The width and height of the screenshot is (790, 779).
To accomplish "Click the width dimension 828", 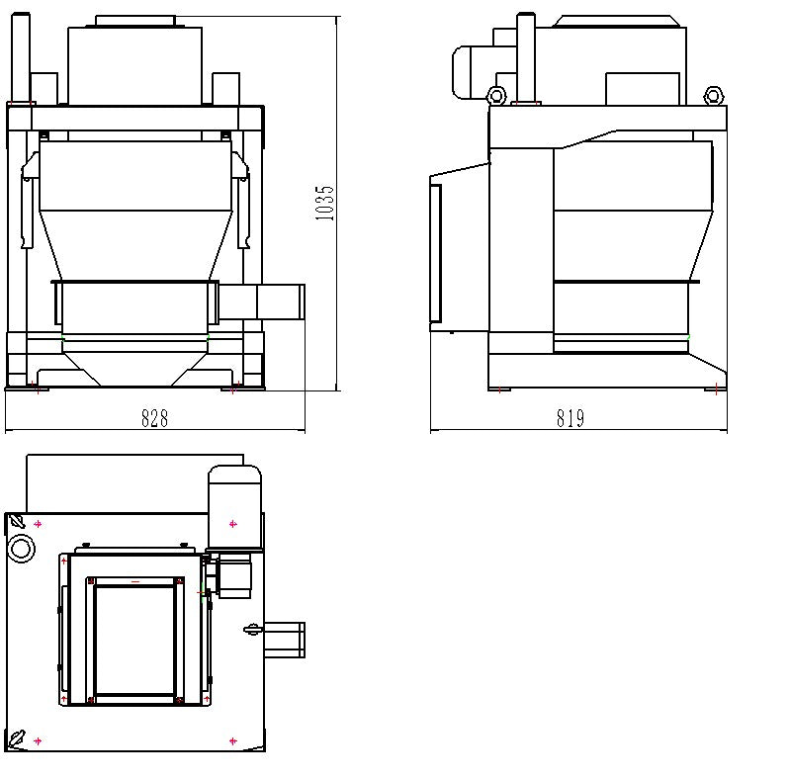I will click(154, 419).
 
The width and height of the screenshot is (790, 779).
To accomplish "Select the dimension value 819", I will click(570, 419).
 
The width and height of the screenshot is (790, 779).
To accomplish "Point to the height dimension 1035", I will click(325, 203).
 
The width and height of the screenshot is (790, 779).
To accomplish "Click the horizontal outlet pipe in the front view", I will click(263, 301).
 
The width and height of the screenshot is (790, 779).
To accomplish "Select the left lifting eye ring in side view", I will click(496, 96).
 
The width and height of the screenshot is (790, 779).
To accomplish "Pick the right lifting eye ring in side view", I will click(712, 96).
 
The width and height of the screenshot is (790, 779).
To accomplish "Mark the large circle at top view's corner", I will click(21, 548).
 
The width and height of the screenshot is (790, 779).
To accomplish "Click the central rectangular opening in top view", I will click(135, 639).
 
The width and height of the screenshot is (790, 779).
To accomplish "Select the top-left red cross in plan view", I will click(38, 524).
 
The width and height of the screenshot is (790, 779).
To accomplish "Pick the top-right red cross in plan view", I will click(233, 524).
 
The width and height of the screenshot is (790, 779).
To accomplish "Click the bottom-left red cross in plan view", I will click(38, 740).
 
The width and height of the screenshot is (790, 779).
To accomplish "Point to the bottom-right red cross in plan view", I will click(233, 740).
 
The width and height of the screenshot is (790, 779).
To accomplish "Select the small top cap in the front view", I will click(135, 21).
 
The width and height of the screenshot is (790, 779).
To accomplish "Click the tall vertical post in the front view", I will click(16, 59).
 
